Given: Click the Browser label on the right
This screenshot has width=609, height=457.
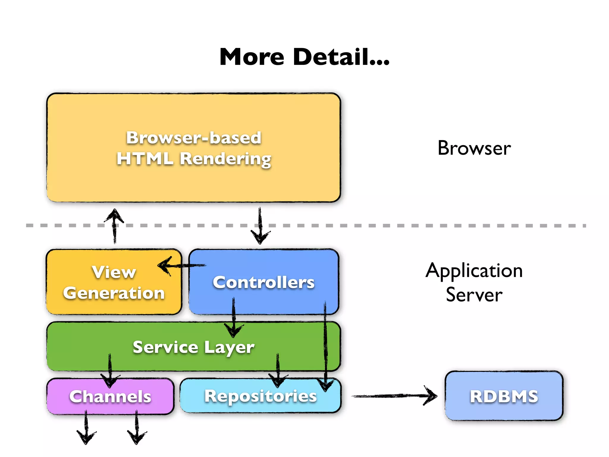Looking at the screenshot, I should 474,148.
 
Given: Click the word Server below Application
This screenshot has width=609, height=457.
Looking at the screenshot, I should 474,295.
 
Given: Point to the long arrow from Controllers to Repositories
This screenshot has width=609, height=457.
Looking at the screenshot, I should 325,345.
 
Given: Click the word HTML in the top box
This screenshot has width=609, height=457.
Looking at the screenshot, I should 145,158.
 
